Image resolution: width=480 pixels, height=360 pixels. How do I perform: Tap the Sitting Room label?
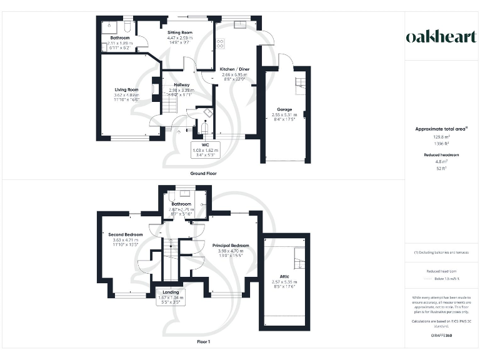pyautogui.click(x=179, y=32)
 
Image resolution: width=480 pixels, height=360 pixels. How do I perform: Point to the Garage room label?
pyautogui.click(x=284, y=109)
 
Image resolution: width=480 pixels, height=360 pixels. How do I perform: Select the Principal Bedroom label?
pyautogui.click(x=231, y=246)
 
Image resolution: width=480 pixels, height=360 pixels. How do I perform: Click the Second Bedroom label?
pyautogui.click(x=125, y=234)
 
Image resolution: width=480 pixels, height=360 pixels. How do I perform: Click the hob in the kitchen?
pyautogui.click(x=221, y=43)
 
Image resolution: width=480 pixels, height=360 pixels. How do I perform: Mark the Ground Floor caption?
pyautogui.click(x=203, y=172)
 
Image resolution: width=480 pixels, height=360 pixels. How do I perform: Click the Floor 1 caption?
pyautogui.click(x=203, y=342)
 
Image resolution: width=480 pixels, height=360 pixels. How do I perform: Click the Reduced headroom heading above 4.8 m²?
pyautogui.click(x=442, y=154)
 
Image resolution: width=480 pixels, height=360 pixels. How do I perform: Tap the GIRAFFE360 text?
pyautogui.click(x=441, y=336)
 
